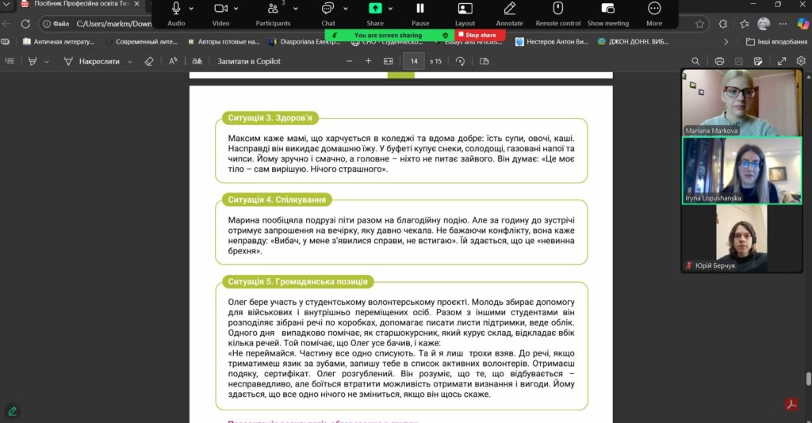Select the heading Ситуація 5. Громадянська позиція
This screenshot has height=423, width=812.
pyautogui.click(x=295, y=282)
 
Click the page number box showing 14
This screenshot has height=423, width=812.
pyautogui.click(x=413, y=61)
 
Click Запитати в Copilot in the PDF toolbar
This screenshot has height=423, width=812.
pyautogui.click(x=248, y=61)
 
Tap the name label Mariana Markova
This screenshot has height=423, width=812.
pyautogui.click(x=712, y=131)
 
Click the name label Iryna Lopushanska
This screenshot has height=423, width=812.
pyautogui.click(x=714, y=198)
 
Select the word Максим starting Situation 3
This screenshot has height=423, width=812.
pyautogui.click(x=245, y=138)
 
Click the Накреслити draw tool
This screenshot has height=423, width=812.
pyautogui.click(x=99, y=61)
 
